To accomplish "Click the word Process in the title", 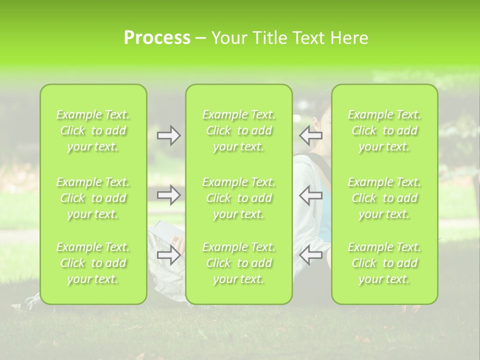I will tap(157, 38).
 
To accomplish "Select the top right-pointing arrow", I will tap(169, 135).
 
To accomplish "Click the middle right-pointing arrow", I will tap(169, 195).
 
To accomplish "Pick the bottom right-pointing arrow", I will tap(169, 255).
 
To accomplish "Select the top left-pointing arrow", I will tap(311, 135).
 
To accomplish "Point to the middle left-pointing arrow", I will tap(311, 195).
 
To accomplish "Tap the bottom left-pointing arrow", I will tap(311, 255).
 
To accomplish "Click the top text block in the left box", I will tap(93, 131).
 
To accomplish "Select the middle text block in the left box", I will tap(93, 198).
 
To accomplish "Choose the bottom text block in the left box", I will tap(93, 263).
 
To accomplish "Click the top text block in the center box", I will tap(239, 131).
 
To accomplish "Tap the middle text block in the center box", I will tap(239, 198).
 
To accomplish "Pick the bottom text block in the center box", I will tap(239, 263).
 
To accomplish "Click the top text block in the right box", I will tap(384, 131).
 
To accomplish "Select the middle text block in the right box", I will tap(384, 198).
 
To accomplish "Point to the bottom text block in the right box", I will tap(384, 263).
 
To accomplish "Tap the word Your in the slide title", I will tap(228, 38).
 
